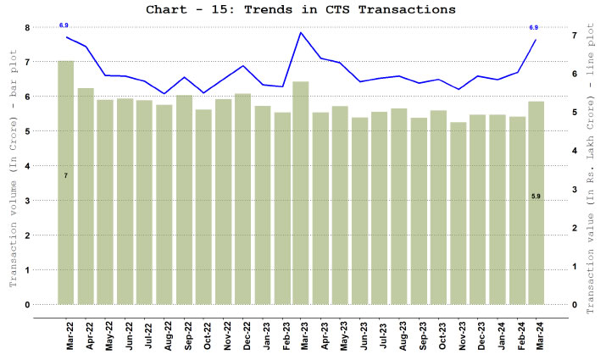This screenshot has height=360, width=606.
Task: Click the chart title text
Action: coord(302,10)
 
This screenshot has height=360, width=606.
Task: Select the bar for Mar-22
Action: coord(65,182)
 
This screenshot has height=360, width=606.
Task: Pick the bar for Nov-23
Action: coord(458,213)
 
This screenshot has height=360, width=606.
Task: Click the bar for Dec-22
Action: coord(242,198)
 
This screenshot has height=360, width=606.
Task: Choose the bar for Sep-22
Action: coord(183,199)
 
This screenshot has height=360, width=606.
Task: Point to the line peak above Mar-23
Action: coord(300,33)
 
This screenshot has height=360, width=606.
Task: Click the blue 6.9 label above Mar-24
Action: coord(534,28)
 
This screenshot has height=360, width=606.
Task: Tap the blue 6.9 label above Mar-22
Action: coord(64,26)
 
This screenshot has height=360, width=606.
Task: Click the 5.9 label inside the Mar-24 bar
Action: coord(536,197)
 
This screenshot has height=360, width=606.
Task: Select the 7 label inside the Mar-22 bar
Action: coord(65,175)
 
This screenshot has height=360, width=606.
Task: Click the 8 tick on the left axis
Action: coord(27,28)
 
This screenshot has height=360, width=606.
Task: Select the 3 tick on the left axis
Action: coord(27,201)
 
